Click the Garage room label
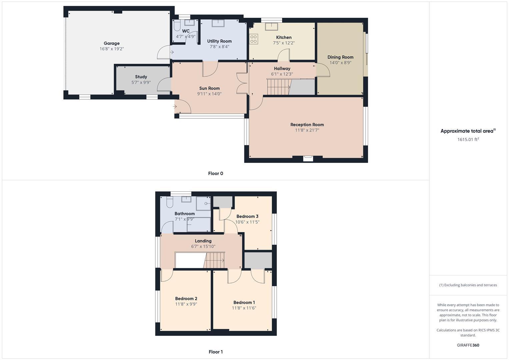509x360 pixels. coord(111,43)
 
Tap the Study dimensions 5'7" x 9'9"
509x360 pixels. coord(141,82)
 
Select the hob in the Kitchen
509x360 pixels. coord(253,39)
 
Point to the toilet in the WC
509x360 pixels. coord(177,25)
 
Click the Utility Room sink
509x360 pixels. coord(218,23)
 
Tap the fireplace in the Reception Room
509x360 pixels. coord(308,158)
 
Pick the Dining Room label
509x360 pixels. coord(340,57)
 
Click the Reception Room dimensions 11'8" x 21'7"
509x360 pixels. coord(307,130)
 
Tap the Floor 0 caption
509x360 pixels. coord(216,173)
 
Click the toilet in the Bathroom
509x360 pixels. coord(169,202)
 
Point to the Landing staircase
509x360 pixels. coord(215,260)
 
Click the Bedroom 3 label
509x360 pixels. coord(247,216)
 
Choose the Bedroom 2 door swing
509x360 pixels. coord(167,275)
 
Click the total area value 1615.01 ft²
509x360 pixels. coord(468,139)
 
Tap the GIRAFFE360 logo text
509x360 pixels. coord(468,345)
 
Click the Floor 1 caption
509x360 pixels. coord(216,352)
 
